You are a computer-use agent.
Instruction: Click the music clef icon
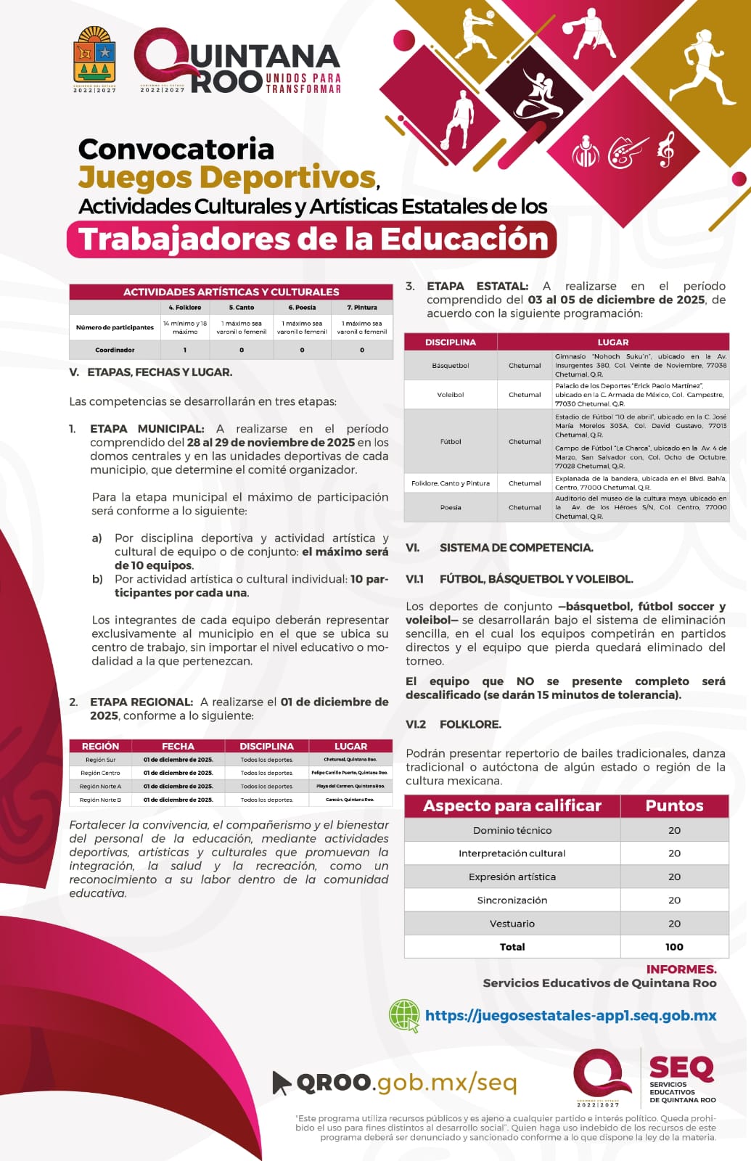click(665, 149)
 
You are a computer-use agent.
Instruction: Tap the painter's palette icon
click(627, 151)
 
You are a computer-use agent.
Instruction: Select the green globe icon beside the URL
click(405, 1015)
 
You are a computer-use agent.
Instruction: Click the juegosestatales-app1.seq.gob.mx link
click(570, 1015)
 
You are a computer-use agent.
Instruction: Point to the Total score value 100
click(674, 946)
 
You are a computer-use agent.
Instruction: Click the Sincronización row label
click(512, 900)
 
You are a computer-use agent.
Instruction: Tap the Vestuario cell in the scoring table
click(512, 923)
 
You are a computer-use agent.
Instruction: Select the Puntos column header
click(674, 805)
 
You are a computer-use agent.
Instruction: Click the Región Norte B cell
click(100, 800)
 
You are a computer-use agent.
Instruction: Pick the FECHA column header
click(178, 746)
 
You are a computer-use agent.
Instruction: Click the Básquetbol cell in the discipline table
click(451, 366)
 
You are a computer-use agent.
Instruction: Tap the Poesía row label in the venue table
click(451, 507)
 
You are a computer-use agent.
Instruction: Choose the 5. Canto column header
click(242, 308)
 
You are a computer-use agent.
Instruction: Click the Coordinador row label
click(115, 350)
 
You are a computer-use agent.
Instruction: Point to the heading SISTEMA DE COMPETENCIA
click(516, 548)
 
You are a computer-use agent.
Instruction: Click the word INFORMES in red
click(681, 969)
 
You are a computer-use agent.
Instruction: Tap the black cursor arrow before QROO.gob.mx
click(281, 1082)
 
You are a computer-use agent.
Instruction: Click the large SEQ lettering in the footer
click(681, 1067)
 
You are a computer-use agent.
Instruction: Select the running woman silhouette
click(700, 65)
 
